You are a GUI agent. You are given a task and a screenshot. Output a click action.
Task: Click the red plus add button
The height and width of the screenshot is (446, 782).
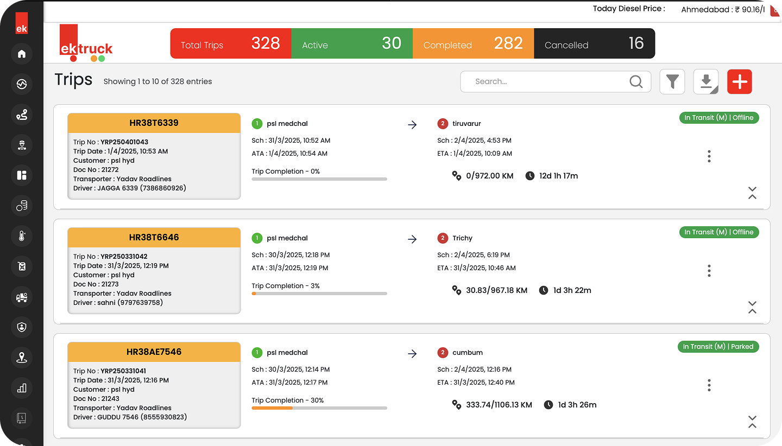pyautogui.click(x=739, y=82)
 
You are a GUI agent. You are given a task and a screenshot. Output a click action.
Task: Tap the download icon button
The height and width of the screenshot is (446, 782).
pyautogui.click(x=706, y=82)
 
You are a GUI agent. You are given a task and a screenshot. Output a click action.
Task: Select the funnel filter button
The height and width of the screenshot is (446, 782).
pyautogui.click(x=672, y=82)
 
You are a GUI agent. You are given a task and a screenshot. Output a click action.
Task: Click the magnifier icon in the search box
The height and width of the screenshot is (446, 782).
pyautogui.click(x=636, y=81)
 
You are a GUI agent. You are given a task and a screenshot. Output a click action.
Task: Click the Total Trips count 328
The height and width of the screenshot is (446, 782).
pyautogui.click(x=266, y=43)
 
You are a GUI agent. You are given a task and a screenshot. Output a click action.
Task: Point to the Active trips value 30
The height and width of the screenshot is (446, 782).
pyautogui.click(x=391, y=43)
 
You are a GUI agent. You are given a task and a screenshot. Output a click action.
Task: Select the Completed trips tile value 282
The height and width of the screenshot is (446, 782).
pyautogui.click(x=508, y=43)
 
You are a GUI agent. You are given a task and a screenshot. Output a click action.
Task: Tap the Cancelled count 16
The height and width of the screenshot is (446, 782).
pyautogui.click(x=636, y=43)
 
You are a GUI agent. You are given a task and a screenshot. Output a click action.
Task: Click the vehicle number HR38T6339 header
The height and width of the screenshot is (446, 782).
pyautogui.click(x=154, y=123)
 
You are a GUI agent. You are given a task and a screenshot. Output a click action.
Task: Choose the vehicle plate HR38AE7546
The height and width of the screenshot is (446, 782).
pyautogui.click(x=154, y=352)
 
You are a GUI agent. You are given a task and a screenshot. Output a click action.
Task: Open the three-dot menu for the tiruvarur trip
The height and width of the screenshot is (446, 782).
pyautogui.click(x=709, y=157)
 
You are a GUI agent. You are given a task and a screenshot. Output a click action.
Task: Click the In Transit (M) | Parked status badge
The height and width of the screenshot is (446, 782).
pyautogui.click(x=718, y=347)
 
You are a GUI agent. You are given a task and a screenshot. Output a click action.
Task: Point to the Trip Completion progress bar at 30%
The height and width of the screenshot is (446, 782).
pyautogui.click(x=319, y=408)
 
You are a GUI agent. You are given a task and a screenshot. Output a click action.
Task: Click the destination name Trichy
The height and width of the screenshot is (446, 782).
pyautogui.click(x=462, y=238)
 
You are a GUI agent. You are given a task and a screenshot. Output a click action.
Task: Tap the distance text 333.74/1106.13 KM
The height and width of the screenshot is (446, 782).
pyautogui.click(x=499, y=405)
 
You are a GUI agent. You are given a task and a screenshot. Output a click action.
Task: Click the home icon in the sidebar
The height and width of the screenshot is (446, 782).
pyautogui.click(x=22, y=54)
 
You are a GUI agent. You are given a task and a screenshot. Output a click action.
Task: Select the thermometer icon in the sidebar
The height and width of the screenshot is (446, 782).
pyautogui.click(x=22, y=236)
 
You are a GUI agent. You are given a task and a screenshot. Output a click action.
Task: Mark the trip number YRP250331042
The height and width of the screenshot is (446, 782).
pyautogui.click(x=124, y=257)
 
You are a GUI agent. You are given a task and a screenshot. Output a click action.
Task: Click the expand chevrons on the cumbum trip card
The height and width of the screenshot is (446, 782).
pyautogui.click(x=752, y=422)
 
